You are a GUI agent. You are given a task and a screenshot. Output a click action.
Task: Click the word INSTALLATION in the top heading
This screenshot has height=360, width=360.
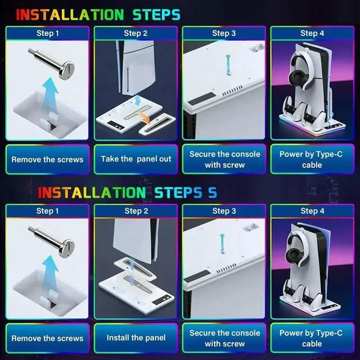point(70,15)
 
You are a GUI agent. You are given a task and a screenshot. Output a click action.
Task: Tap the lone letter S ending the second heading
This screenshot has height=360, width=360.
point(213,192)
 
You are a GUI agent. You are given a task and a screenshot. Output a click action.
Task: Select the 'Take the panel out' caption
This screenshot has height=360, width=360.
point(136,159)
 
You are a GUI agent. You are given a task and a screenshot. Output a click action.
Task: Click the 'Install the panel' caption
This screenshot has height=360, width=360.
point(136,337)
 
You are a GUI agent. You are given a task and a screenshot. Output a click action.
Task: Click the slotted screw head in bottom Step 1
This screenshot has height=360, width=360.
point(66,248)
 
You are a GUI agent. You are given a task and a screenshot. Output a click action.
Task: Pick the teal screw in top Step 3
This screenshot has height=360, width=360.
point(228,65)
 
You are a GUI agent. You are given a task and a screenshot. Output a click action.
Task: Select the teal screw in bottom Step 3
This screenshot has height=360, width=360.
point(222,244)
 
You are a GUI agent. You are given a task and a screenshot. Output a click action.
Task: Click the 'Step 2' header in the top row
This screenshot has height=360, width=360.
point(136,33)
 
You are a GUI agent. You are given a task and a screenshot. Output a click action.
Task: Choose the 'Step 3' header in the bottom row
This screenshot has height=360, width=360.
point(224,211)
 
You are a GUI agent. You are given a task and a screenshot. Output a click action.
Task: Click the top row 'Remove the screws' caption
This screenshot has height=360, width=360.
point(47,160)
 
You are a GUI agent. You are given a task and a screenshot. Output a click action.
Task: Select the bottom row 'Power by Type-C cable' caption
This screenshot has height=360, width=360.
point(311,338)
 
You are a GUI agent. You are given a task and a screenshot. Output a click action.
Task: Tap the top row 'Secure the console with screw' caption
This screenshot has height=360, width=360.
point(225,160)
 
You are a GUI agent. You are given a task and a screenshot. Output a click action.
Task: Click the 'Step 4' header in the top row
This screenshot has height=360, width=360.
point(312,33)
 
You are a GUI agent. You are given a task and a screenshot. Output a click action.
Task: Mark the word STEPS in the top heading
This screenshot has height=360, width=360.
point(156,15)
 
